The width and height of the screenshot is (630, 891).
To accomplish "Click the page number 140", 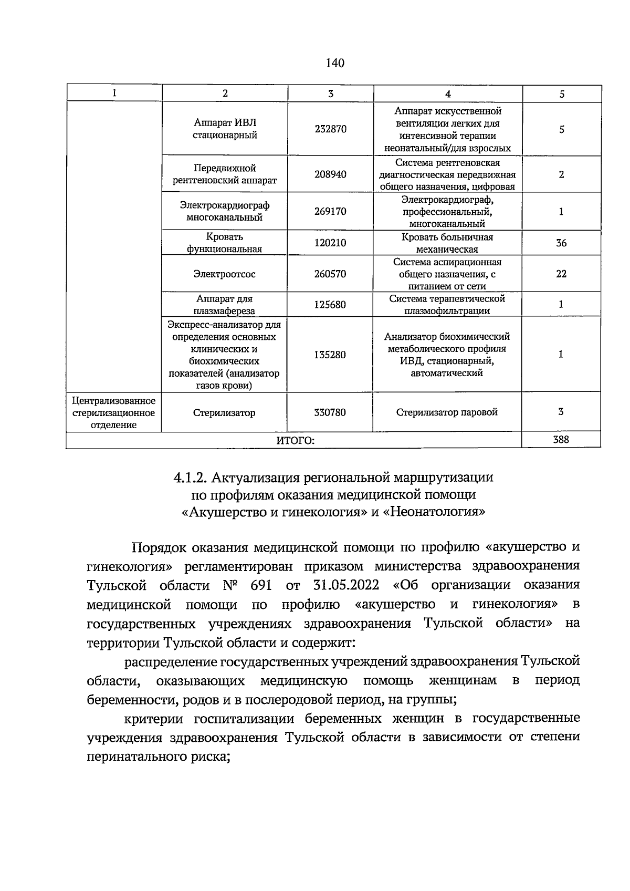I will click(334, 63).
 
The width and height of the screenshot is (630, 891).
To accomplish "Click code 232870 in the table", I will click(330, 129).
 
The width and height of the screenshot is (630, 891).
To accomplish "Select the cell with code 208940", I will click(330, 174).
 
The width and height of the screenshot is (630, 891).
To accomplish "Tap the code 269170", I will click(330, 211).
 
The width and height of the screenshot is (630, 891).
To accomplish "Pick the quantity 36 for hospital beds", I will click(561, 243).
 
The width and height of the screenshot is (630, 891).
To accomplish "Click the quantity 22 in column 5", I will click(561, 274).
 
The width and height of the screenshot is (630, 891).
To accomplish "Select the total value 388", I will click(561, 440).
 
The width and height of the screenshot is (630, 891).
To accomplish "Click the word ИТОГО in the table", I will click(295, 440).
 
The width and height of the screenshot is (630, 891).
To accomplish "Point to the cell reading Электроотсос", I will click(224, 274).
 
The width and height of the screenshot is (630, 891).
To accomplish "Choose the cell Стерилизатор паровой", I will click(447, 412).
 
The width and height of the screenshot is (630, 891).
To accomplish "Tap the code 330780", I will click(330, 412).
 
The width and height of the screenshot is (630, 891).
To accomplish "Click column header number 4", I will click(447, 94).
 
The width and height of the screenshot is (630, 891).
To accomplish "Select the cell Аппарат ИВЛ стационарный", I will click(225, 129).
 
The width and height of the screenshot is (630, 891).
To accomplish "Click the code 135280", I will click(330, 355).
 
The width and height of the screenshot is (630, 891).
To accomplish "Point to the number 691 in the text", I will click(261, 585).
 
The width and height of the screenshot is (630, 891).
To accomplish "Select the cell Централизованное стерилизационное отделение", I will click(113, 413).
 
